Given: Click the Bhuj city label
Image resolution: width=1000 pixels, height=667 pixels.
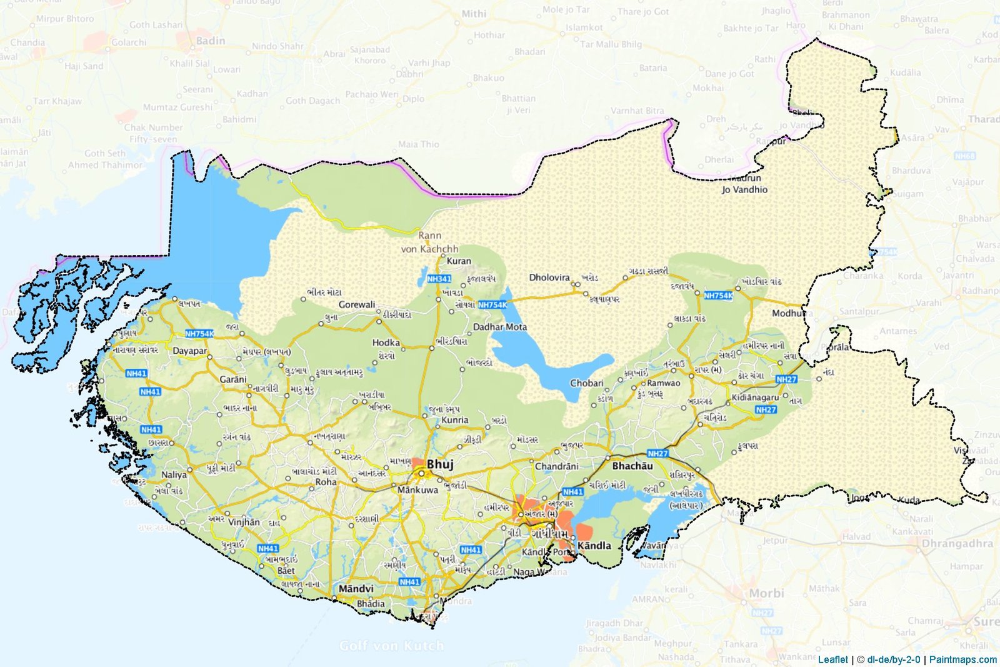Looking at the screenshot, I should [x=440, y=464].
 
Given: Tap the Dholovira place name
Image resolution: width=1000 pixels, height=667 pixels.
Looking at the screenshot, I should [x=549, y=277].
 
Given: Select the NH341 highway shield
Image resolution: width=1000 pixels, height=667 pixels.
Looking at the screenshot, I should [x=439, y=279].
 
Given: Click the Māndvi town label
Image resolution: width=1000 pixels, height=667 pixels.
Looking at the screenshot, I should [x=356, y=589].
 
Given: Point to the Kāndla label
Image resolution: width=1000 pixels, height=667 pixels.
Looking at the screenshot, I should [x=594, y=545].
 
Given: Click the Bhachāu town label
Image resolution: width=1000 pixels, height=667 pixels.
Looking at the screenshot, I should [x=632, y=466].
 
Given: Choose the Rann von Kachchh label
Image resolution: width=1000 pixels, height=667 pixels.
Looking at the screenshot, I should [x=429, y=243].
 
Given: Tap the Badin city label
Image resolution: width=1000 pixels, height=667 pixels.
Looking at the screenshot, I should [x=211, y=41].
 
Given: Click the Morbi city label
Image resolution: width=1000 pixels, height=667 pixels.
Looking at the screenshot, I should [x=766, y=593].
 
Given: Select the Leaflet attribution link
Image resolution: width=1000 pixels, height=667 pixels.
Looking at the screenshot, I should [x=832, y=659].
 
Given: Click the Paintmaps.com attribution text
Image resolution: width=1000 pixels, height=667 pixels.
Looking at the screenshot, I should [x=963, y=659].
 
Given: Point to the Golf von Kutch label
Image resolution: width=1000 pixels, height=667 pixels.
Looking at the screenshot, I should [x=391, y=645].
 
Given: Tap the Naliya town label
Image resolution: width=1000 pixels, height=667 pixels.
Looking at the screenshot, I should [x=174, y=474].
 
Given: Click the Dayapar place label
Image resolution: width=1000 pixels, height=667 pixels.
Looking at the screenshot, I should [x=189, y=351].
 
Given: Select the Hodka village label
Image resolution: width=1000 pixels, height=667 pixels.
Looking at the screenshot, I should [x=386, y=343].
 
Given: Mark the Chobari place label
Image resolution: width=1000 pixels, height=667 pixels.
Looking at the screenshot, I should [x=586, y=383].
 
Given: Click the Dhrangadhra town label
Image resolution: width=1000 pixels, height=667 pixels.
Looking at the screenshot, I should [x=957, y=543].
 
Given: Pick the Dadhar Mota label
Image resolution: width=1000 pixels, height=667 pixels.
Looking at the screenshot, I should [x=499, y=326].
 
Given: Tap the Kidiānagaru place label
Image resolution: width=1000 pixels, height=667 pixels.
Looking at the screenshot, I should [x=755, y=397].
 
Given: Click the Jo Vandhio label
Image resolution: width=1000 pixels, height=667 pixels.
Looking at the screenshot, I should [x=744, y=189].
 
